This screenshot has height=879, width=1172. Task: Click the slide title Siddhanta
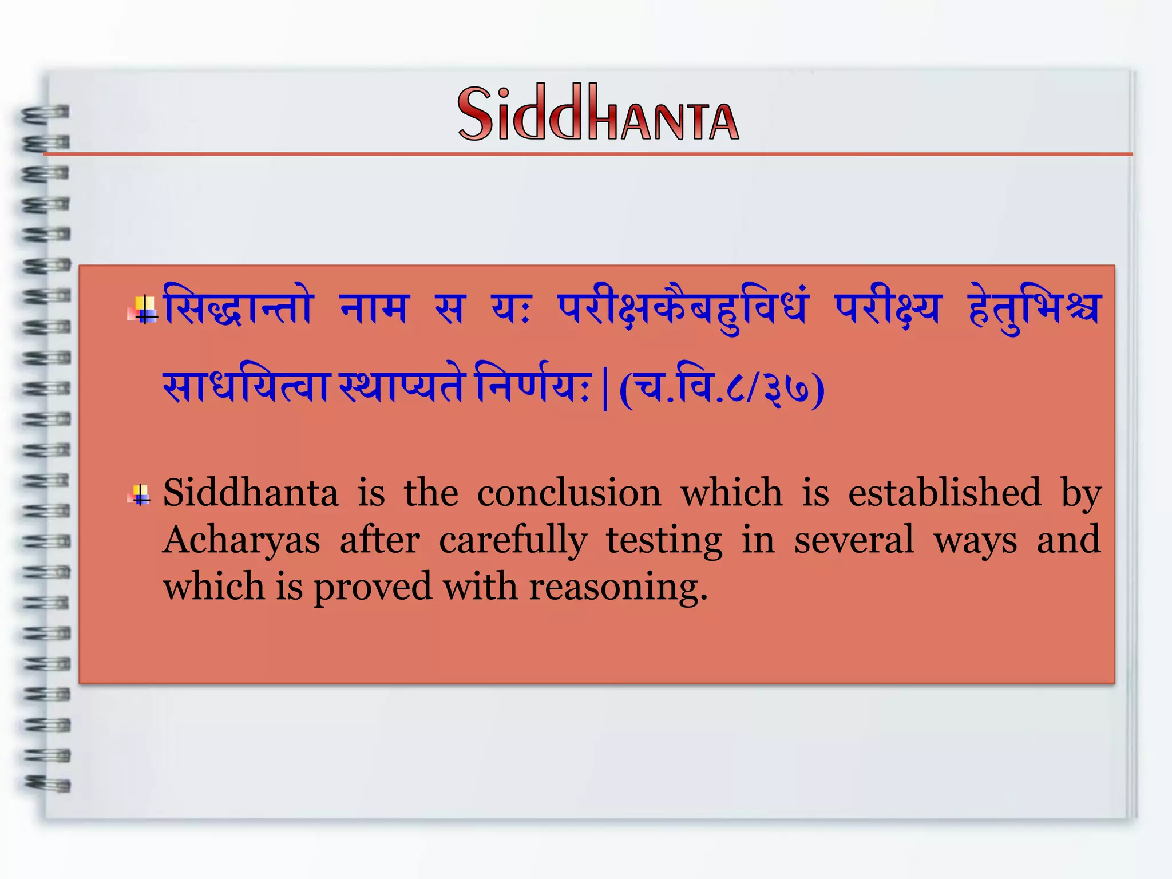click(598, 113)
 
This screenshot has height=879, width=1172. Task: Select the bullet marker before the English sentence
click(141, 494)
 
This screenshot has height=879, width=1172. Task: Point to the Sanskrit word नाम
click(374, 308)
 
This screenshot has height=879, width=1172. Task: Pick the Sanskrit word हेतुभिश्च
click(1034, 310)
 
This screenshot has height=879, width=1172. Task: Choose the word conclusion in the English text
click(569, 493)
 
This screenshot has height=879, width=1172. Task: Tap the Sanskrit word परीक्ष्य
click(886, 310)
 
